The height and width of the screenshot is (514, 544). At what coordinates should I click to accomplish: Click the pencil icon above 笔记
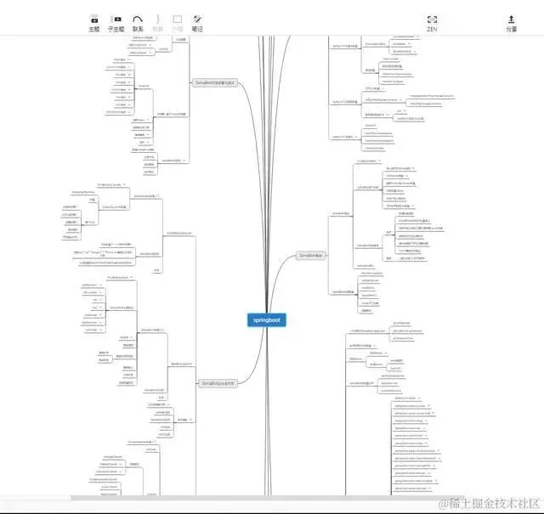point(197,18)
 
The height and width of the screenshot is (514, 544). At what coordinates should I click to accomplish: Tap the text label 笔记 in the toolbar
point(197,29)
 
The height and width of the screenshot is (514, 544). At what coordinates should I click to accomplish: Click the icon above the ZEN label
point(432,18)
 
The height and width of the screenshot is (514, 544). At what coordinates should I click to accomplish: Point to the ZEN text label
point(432,29)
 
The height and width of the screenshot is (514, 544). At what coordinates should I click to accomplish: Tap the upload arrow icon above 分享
point(511,18)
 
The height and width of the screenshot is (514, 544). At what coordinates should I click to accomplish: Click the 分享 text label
point(511,29)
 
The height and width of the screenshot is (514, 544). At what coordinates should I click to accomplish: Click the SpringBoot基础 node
point(310,255)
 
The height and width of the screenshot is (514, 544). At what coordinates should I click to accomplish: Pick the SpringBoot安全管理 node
point(224,383)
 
